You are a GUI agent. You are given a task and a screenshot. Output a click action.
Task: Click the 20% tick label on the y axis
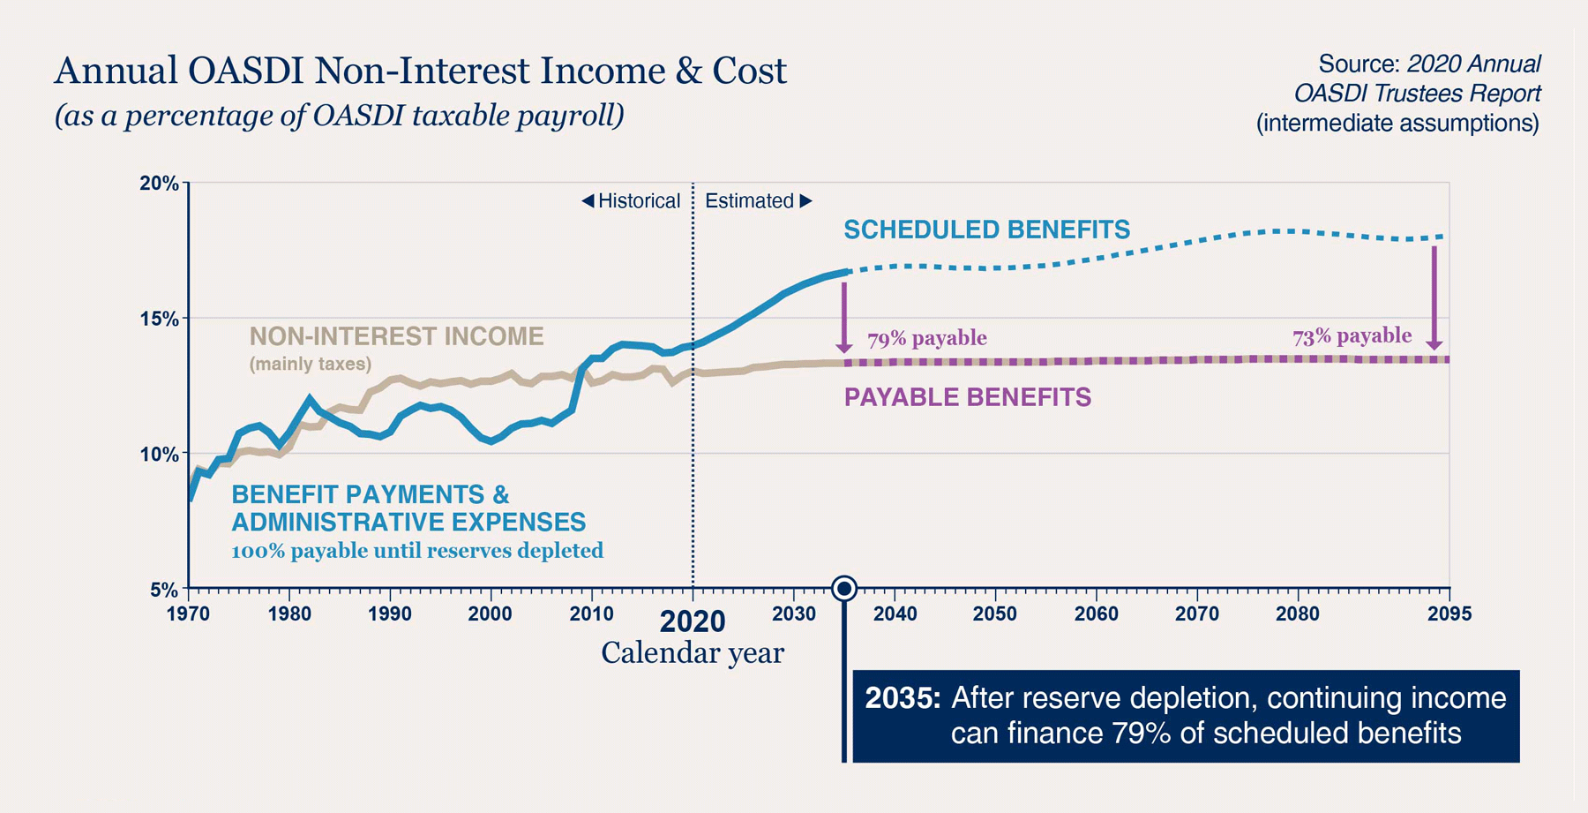tap(159, 184)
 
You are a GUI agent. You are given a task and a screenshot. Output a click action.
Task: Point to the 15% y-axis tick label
tap(159, 319)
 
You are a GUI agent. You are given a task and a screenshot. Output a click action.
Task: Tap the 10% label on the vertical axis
tap(159, 455)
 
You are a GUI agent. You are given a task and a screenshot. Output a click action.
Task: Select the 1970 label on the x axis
tap(188, 614)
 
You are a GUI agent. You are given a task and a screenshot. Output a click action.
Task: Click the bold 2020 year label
tap(693, 621)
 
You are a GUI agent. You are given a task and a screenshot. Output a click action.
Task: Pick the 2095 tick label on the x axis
tap(1449, 614)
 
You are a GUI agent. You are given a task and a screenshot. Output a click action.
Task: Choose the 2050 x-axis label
tap(995, 614)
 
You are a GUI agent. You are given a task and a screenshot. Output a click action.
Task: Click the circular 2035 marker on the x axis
tap(844, 588)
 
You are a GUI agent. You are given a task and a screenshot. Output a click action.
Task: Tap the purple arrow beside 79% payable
tap(844, 318)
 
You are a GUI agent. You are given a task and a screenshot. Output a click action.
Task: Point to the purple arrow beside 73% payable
tap(1434, 297)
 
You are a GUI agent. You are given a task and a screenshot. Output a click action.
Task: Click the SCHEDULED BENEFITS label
tap(986, 230)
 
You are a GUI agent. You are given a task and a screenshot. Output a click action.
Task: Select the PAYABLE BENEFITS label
tap(968, 397)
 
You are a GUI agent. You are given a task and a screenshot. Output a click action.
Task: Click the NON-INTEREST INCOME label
tap(396, 336)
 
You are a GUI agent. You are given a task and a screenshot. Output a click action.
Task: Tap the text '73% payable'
tap(1352, 336)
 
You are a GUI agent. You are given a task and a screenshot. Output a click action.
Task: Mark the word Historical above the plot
tap(639, 201)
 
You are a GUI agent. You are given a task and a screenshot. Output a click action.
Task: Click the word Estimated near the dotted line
tap(750, 201)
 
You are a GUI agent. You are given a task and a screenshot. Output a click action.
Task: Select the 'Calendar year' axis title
tap(693, 653)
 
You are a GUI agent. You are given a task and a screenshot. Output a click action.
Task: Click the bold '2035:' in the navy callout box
tap(902, 698)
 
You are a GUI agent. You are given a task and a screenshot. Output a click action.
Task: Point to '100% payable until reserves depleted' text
tap(417, 551)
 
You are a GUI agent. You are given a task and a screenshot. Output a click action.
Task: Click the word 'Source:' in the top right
tap(1359, 64)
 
